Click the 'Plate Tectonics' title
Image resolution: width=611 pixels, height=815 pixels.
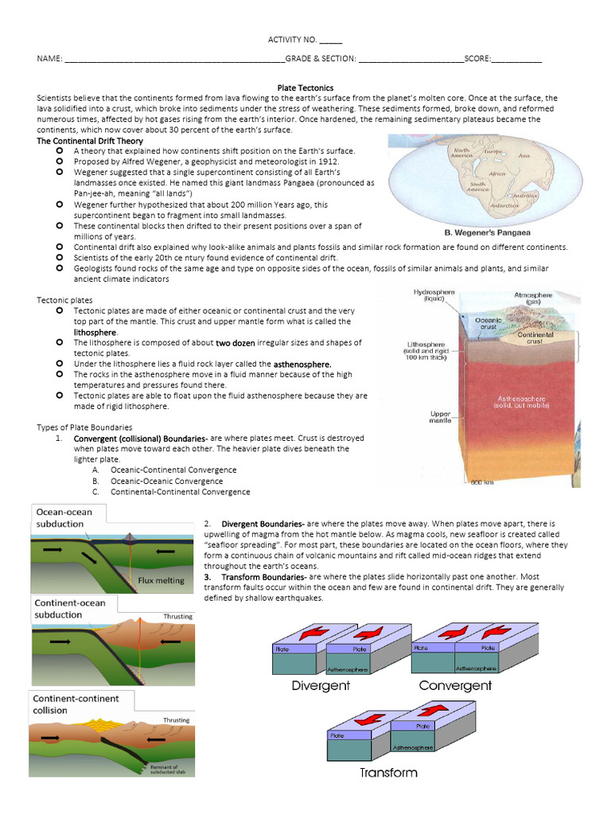tap(305, 88)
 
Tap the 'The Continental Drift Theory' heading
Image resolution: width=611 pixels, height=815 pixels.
tap(91, 140)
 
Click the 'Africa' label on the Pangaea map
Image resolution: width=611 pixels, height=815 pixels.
tap(497, 173)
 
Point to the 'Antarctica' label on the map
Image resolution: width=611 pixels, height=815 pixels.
tap(506, 205)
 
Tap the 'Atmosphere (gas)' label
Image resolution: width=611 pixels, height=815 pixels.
tap(532, 298)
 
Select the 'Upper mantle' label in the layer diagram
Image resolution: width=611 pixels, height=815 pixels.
tap(440, 418)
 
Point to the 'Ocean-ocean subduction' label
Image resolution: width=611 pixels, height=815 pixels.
tap(63, 518)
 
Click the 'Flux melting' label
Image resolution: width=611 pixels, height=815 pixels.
tap(161, 580)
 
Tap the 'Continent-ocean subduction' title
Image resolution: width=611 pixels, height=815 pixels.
tap(69, 609)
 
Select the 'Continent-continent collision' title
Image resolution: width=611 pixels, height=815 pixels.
tap(76, 704)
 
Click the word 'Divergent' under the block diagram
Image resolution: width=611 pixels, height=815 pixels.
tap(321, 685)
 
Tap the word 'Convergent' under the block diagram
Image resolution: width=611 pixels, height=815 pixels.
tap(455, 685)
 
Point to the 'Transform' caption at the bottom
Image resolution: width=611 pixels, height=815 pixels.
tap(387, 772)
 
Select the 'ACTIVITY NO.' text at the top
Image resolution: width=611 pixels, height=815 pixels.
tap(292, 40)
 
